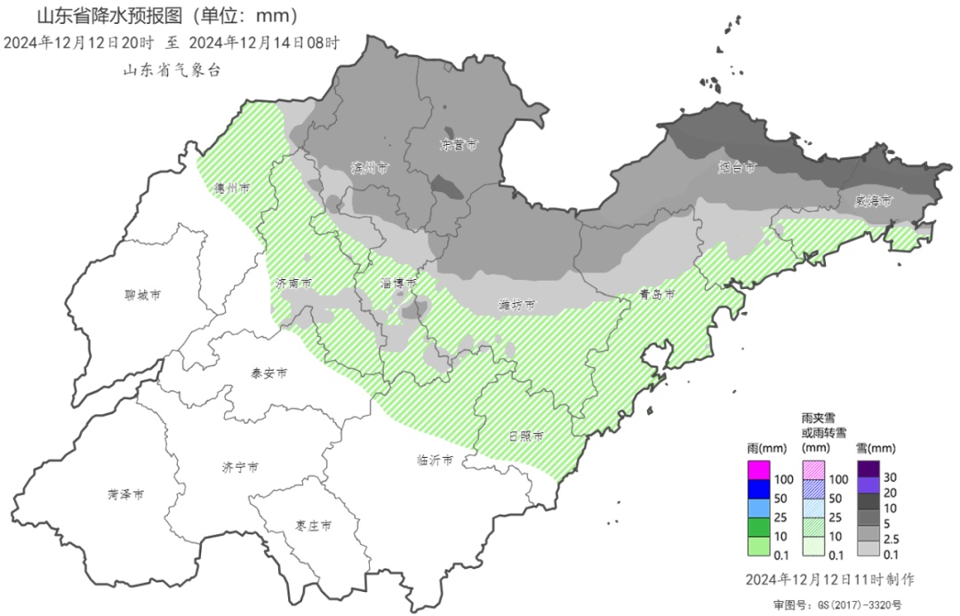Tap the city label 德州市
(x=230, y=188)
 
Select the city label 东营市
(x=460, y=144)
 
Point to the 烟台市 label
(x=737, y=166)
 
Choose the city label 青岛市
(x=657, y=294)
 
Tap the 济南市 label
(x=293, y=284)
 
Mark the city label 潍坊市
(x=516, y=305)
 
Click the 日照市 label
(x=526, y=436)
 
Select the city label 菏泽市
(x=126, y=495)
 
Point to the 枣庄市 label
(x=314, y=526)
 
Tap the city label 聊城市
(x=143, y=294)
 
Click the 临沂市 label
(x=435, y=460)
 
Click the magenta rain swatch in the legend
(x=758, y=468)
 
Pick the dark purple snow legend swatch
(x=868, y=468)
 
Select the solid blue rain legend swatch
(x=758, y=487)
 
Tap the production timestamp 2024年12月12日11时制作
(x=830, y=580)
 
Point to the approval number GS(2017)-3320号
(x=848, y=604)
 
